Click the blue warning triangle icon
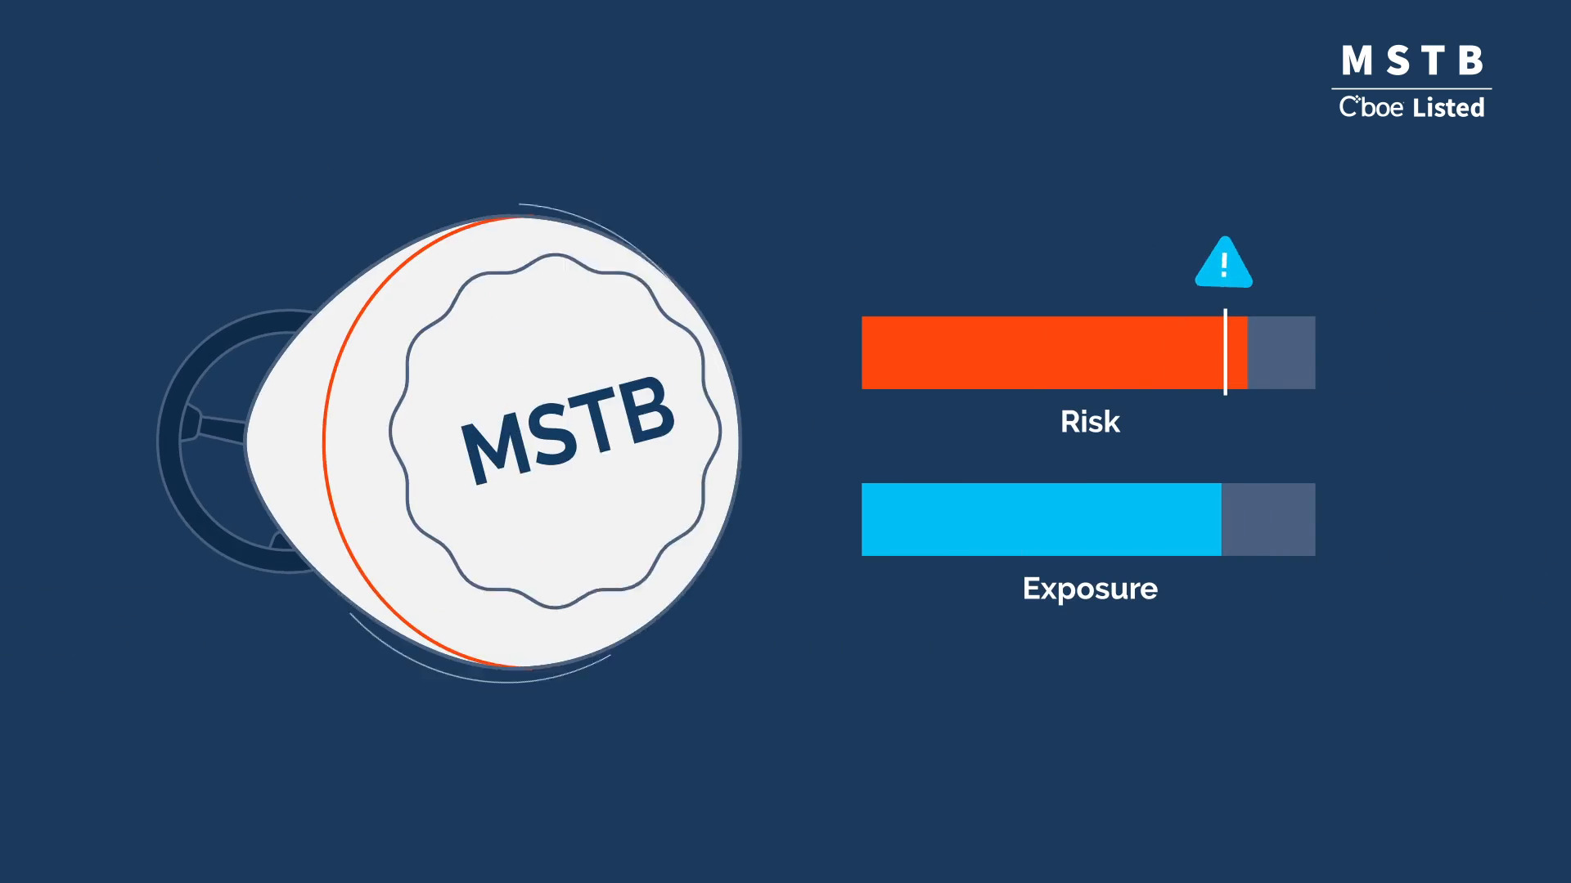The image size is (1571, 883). (x=1224, y=263)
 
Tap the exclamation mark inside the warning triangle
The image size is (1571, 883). (x=1224, y=264)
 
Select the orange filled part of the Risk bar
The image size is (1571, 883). (x=1054, y=352)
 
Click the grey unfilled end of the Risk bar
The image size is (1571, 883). (x=1281, y=352)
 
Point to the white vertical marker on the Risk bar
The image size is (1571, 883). (x=1225, y=352)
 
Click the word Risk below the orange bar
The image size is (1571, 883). (x=1090, y=422)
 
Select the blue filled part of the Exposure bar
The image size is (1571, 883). (x=1042, y=519)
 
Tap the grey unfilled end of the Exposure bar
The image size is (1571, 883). (x=1268, y=519)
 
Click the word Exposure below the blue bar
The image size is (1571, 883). (x=1090, y=589)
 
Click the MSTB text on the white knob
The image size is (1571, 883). (x=568, y=431)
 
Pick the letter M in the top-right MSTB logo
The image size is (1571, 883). (x=1357, y=61)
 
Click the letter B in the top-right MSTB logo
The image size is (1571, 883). (x=1470, y=61)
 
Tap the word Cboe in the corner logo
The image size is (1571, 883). (x=1371, y=107)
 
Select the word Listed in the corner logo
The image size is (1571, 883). (x=1448, y=107)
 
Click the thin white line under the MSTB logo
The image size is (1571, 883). (x=1411, y=88)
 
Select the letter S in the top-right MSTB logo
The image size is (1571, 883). (x=1398, y=61)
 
